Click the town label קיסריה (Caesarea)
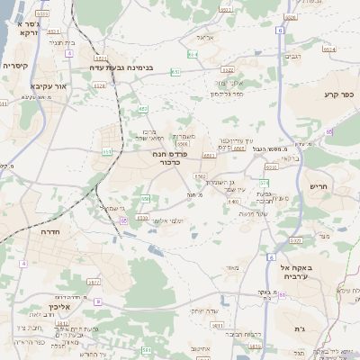16,66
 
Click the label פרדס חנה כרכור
168,157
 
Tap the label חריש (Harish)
319,187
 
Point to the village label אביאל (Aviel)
202,38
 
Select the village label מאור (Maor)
232,267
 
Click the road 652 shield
143,109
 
